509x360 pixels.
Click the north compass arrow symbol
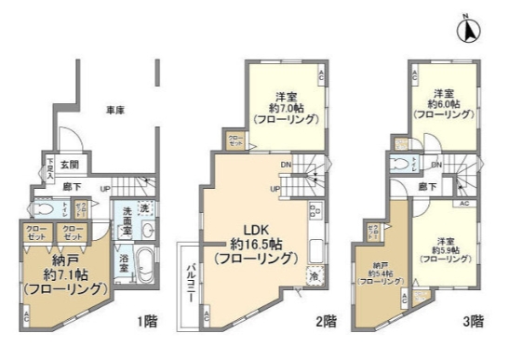point(471,30)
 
